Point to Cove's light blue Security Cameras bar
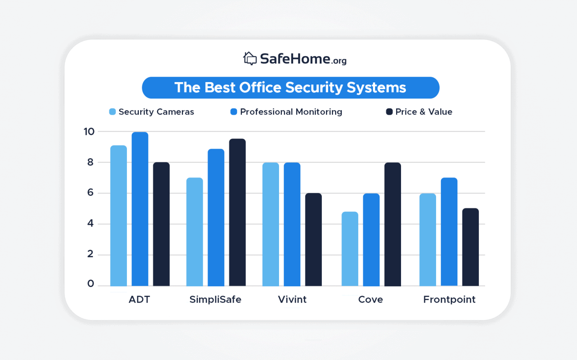[350, 249]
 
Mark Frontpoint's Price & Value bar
[470, 247]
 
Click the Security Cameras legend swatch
[112, 112]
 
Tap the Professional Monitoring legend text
[291, 112]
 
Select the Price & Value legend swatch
[389, 112]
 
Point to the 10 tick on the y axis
[89, 132]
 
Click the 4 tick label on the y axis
[90, 224]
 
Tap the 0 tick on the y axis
[91, 284]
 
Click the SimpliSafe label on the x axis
[215, 299]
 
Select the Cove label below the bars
[371, 299]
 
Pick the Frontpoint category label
[449, 299]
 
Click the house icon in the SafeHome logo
[250, 59]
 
